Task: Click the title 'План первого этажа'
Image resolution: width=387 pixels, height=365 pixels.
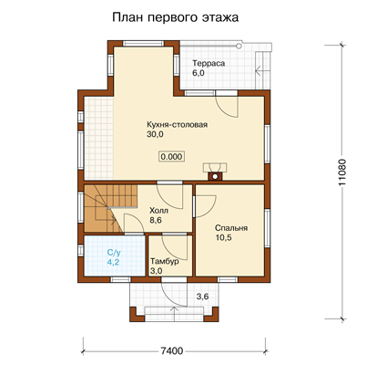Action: (175, 17)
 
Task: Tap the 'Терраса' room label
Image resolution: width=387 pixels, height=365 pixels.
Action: (209, 63)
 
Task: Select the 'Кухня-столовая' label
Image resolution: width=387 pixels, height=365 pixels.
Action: (177, 125)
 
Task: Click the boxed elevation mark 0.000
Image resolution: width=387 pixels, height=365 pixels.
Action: (172, 157)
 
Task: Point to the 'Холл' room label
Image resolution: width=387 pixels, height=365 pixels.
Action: (158, 211)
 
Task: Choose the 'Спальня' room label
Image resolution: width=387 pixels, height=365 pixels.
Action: (231, 228)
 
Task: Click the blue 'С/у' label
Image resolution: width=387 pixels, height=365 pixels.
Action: (113, 252)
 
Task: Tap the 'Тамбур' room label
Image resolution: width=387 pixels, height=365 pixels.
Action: (165, 261)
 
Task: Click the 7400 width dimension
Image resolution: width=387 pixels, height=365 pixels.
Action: (172, 351)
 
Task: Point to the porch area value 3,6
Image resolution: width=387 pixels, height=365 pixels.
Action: (202, 297)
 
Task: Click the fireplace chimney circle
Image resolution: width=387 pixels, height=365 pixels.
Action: (215, 176)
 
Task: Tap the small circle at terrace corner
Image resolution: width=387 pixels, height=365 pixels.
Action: (239, 46)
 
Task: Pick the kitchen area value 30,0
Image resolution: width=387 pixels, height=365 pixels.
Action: (155, 134)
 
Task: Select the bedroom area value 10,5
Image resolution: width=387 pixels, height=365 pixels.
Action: (224, 237)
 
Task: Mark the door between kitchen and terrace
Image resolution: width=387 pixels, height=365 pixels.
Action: (227, 107)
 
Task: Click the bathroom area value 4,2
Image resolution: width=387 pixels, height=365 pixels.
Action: (113, 262)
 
